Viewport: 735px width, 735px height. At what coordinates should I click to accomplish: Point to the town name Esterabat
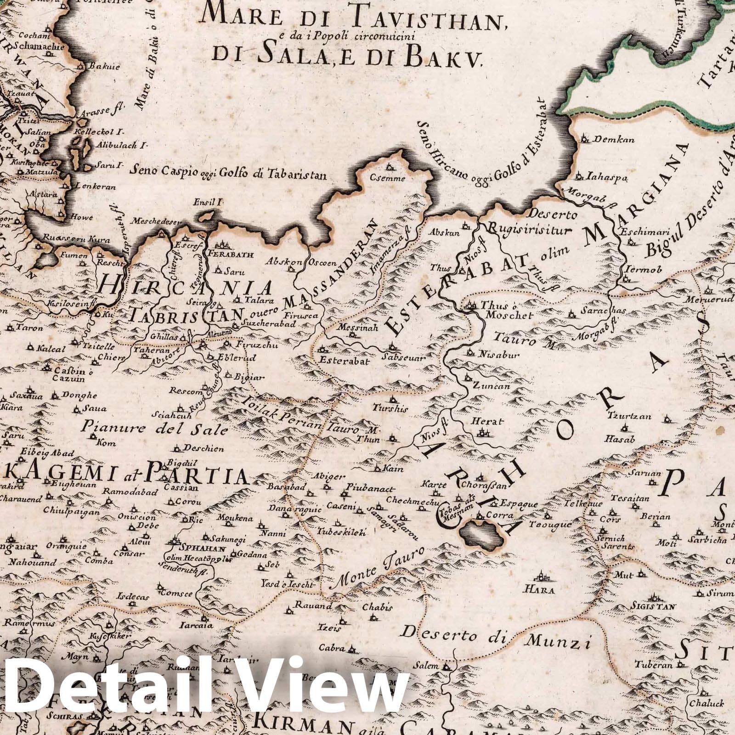coord(339,360)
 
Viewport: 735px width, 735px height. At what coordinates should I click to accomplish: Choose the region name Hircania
coord(187,288)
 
